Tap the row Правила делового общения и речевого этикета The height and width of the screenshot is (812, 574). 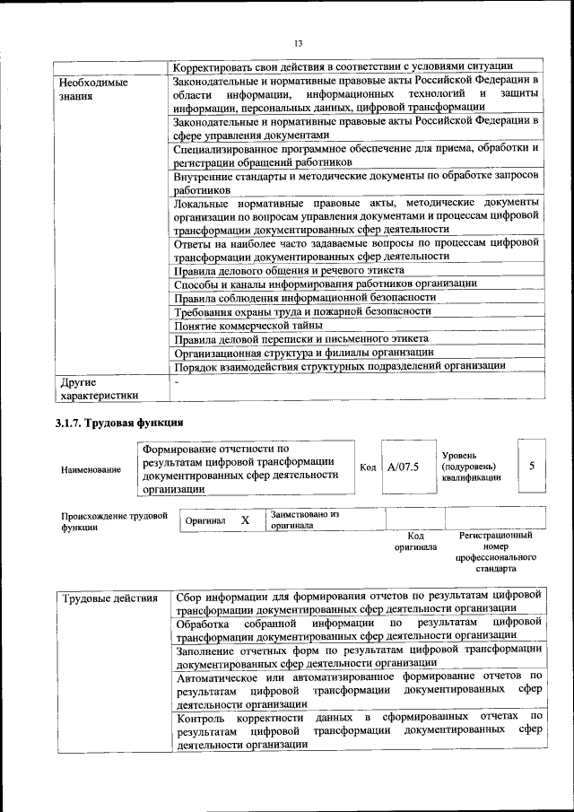point(289,270)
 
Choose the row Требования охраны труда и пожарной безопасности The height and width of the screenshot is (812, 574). point(302,311)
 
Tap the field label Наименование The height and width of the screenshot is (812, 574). point(91,469)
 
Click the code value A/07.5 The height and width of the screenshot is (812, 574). point(404,467)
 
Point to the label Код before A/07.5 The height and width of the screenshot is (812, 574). point(368,467)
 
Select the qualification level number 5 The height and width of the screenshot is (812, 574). point(532,466)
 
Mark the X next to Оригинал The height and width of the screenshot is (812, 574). point(245,520)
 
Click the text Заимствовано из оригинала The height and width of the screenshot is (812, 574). point(305,520)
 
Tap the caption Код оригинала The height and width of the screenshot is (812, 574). point(415,541)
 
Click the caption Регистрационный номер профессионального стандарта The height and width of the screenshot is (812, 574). point(495,552)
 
